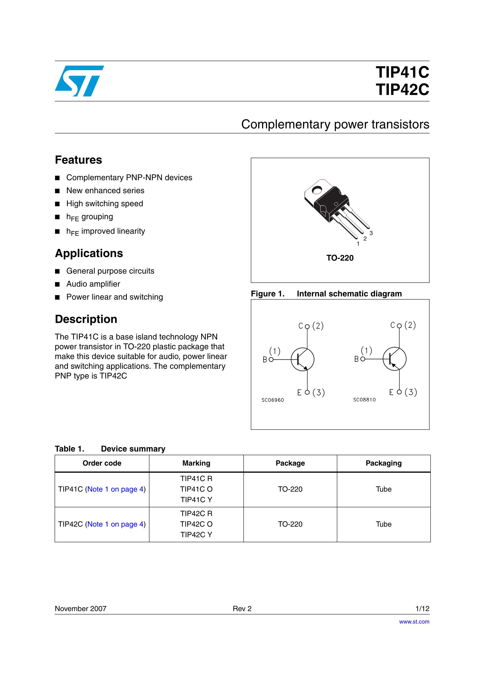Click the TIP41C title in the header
[x=402, y=72]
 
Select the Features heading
[x=78, y=160]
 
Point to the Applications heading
[x=89, y=253]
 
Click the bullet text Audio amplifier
[x=93, y=284]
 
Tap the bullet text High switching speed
[x=104, y=203]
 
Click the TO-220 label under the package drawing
[x=340, y=258]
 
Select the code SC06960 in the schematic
[x=272, y=400]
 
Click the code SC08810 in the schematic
[x=364, y=400]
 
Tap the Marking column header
[x=196, y=463]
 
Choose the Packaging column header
[x=383, y=463]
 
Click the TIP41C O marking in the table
[x=196, y=489]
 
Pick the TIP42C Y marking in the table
[x=196, y=535]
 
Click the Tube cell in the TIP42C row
[x=383, y=524]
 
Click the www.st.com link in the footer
[x=414, y=622]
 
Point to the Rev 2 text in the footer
[x=242, y=609]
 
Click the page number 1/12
[x=422, y=609]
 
